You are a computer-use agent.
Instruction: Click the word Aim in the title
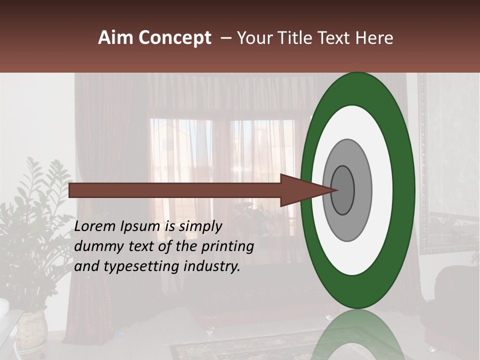115,38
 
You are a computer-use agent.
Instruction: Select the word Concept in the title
174,38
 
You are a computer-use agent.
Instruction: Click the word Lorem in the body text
95,226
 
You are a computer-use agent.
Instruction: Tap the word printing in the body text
227,246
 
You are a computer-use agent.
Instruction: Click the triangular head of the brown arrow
305,190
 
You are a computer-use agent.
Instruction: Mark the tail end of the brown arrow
72,190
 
